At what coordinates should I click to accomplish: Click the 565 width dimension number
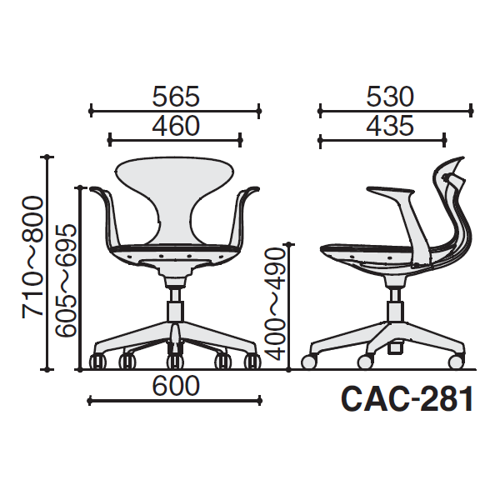pyautogui.click(x=176, y=97)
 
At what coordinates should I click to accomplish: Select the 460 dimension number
pyautogui.click(x=176, y=126)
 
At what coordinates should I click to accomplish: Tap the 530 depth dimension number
pyautogui.click(x=390, y=97)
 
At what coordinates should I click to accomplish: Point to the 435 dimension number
pyautogui.click(x=390, y=126)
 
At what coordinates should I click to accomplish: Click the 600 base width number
pyautogui.click(x=176, y=386)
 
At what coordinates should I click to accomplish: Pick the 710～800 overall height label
pyautogui.click(x=32, y=257)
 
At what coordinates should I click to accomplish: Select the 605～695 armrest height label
pyautogui.click(x=66, y=281)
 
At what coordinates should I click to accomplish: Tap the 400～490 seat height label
pyautogui.click(x=274, y=304)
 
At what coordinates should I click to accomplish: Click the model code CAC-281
pyautogui.click(x=407, y=398)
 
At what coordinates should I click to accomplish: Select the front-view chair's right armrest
pyautogui.click(x=245, y=217)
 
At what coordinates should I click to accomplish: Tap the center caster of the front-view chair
pyautogui.click(x=175, y=361)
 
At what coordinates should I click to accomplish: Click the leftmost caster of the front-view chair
pyautogui.click(x=97, y=362)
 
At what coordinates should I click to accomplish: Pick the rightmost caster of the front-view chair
pyautogui.click(x=252, y=362)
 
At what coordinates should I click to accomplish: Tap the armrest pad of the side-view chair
pyautogui.click(x=391, y=192)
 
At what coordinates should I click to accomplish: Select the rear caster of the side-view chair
pyautogui.click(x=456, y=362)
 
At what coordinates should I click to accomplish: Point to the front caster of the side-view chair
pyautogui.click(x=309, y=362)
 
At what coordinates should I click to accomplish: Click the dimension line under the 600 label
pyautogui.click(x=175, y=401)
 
